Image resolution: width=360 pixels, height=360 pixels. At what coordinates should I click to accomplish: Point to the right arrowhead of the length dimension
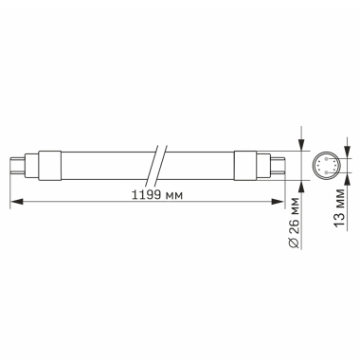pyautogui.click(x=282, y=202)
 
